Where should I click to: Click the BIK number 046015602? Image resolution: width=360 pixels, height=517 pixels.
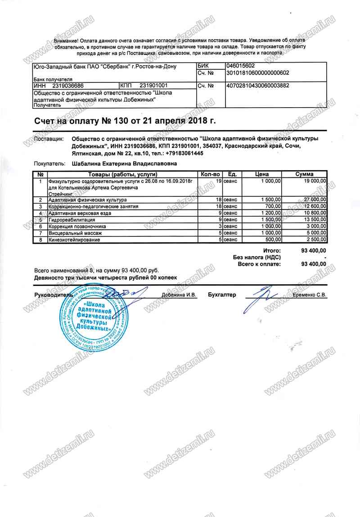[x=242, y=65]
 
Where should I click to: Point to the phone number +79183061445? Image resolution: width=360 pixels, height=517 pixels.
[x=178, y=153]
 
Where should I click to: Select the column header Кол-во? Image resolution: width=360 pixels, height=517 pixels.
[x=210, y=174]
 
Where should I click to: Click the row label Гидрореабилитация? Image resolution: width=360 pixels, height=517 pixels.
[x=72, y=219]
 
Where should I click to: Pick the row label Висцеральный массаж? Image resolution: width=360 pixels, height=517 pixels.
[x=75, y=233]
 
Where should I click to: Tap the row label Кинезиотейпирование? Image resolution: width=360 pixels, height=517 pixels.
[x=74, y=240]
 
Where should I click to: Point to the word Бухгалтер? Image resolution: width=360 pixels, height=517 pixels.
[x=222, y=295]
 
